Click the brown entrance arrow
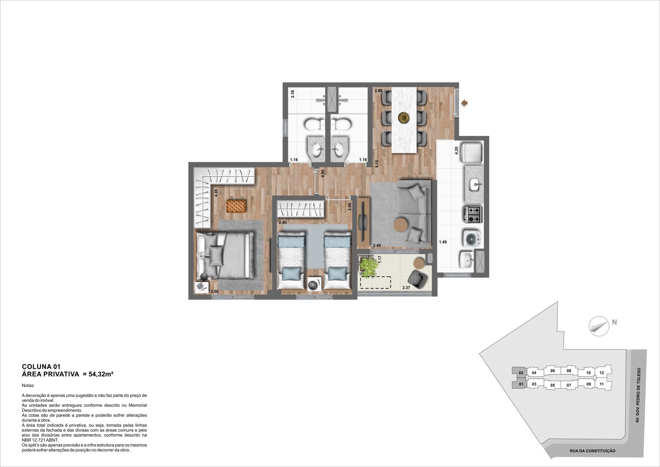(x=464, y=103)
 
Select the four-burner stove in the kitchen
(x=473, y=215)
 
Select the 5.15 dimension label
(x=377, y=164)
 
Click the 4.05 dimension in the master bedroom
(x=216, y=193)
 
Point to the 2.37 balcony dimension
(x=406, y=287)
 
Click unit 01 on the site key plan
(x=521, y=384)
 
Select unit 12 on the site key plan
(x=602, y=373)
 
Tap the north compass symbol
(x=599, y=326)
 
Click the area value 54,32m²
(x=101, y=374)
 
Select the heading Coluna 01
(x=41, y=367)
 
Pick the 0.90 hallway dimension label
(x=323, y=173)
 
